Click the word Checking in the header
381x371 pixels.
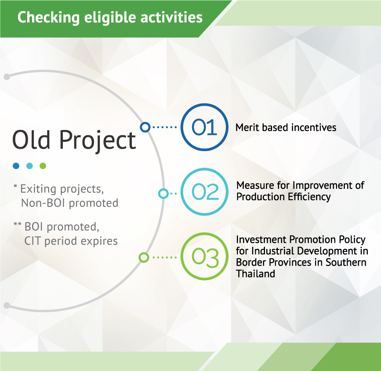click(x=48, y=18)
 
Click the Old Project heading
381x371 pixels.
click(x=74, y=140)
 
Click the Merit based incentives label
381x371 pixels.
click(x=286, y=127)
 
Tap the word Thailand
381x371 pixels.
click(x=255, y=274)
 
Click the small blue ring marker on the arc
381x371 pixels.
click(x=145, y=127)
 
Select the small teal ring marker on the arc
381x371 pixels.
click(x=163, y=194)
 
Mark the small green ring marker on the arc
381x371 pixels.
click(x=144, y=257)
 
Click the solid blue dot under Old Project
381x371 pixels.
click(x=16, y=166)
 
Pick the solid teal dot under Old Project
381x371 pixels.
click(x=29, y=166)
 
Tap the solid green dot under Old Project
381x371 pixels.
click(x=43, y=166)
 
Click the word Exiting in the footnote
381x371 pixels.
click(x=39, y=189)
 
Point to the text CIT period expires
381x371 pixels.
click(x=71, y=241)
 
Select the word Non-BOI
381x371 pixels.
click(x=43, y=203)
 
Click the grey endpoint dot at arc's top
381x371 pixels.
click(x=7, y=77)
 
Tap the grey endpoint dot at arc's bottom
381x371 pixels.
click(x=7, y=306)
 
